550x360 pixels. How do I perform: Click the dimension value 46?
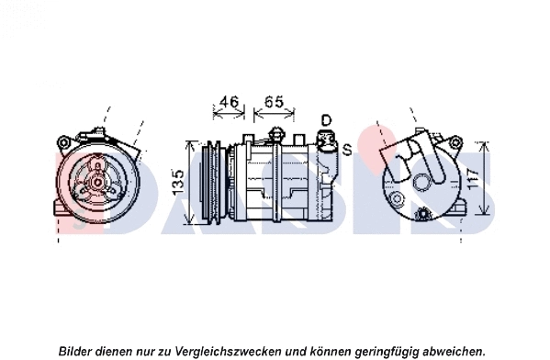pos(229,102)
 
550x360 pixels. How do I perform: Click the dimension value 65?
pos(274,102)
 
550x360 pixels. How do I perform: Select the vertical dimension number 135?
pos(178,183)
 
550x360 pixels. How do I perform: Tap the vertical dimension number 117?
pos(474,180)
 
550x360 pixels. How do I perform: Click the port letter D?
pos(326,120)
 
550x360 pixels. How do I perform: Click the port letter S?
pos(347,150)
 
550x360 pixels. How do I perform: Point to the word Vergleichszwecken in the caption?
pos(228,351)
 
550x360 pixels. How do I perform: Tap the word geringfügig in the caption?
pos(387,351)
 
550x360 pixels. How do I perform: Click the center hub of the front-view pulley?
pos(97,182)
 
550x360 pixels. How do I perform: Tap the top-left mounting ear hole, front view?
pos(63,142)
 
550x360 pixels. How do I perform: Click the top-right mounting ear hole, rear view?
pos(455,142)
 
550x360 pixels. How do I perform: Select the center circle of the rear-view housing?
pos(421,183)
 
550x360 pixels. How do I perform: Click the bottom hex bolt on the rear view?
pos(423,214)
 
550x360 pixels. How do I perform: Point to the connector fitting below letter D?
pos(327,141)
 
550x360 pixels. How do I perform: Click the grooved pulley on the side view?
pos(211,182)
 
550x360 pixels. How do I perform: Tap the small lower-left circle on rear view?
pos(397,199)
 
